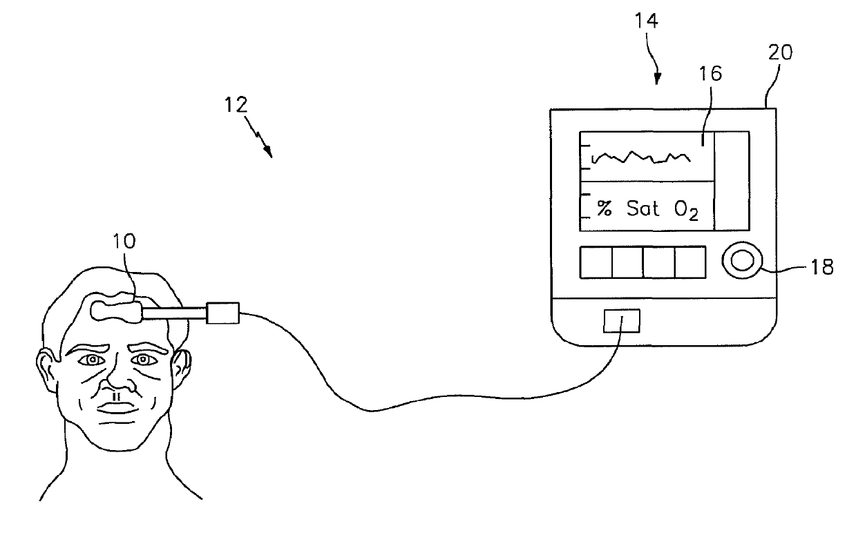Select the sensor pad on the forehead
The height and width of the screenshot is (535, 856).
pos(115,308)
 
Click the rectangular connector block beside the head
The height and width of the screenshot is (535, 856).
pos(222,314)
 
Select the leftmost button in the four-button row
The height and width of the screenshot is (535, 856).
pos(596,263)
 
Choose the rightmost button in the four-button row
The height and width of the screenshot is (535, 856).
pos(690,263)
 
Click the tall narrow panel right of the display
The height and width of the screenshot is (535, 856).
pos(731,180)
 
